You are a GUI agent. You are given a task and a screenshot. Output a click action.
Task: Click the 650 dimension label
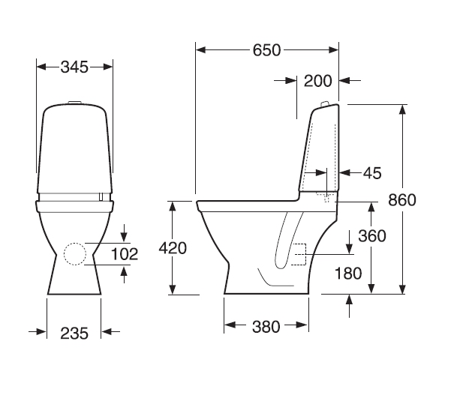pyautogui.click(x=266, y=50)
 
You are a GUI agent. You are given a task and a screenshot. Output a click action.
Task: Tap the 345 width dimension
pyautogui.click(x=74, y=67)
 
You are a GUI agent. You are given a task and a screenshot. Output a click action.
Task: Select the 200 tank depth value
pyautogui.click(x=317, y=81)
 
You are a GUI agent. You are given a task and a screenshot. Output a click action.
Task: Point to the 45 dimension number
pyautogui.click(x=372, y=173)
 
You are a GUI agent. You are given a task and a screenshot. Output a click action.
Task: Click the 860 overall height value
pyautogui.click(x=402, y=200)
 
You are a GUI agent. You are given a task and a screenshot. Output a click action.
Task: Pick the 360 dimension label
pyautogui.click(x=372, y=236)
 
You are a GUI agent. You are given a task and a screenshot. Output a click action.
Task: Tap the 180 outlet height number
pyautogui.click(x=348, y=274)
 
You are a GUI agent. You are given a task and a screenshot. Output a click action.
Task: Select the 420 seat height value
pyautogui.click(x=173, y=248)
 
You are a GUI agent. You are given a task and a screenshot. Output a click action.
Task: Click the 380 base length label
pyautogui.click(x=266, y=327)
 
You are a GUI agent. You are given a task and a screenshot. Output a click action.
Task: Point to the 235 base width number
pyautogui.click(x=74, y=334)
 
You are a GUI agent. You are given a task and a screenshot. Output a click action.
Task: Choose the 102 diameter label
pyautogui.click(x=125, y=254)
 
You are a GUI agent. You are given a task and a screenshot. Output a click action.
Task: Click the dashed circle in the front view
pyautogui.click(x=75, y=254)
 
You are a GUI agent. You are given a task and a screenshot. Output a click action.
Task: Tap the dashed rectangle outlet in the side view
pyautogui.click(x=299, y=254)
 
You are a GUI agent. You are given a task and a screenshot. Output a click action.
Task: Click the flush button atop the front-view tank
pyautogui.click(x=74, y=102)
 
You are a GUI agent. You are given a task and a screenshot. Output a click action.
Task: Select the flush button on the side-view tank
pyautogui.click(x=324, y=103)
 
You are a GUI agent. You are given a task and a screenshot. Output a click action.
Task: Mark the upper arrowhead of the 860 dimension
pyautogui.click(x=402, y=109)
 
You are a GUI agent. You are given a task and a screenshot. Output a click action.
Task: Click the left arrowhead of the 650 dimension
pyautogui.click(x=201, y=50)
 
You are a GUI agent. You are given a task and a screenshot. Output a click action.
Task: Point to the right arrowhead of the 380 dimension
pyautogui.click(x=303, y=325)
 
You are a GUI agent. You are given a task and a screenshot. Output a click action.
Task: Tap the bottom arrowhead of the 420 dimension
pyautogui.click(x=173, y=289)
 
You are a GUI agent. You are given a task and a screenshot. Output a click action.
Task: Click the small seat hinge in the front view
pyautogui.click(x=101, y=196)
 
